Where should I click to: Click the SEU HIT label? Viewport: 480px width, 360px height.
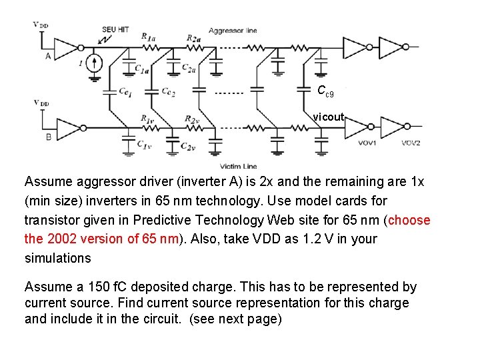(115, 30)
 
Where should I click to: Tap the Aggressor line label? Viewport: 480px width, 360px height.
(232, 31)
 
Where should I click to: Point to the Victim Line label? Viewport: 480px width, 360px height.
(238, 166)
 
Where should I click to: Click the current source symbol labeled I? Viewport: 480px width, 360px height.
(95, 64)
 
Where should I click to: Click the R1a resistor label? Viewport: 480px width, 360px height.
(149, 37)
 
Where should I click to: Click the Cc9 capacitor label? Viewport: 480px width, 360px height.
(325, 91)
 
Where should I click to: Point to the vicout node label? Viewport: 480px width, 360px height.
(329, 117)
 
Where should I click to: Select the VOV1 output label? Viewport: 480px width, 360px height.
(367, 143)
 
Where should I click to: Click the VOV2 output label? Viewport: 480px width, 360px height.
(411, 143)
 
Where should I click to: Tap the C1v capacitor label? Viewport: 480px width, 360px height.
(143, 144)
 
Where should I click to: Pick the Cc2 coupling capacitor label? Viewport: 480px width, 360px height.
(168, 91)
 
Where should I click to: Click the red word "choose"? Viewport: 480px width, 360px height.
(409, 220)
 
